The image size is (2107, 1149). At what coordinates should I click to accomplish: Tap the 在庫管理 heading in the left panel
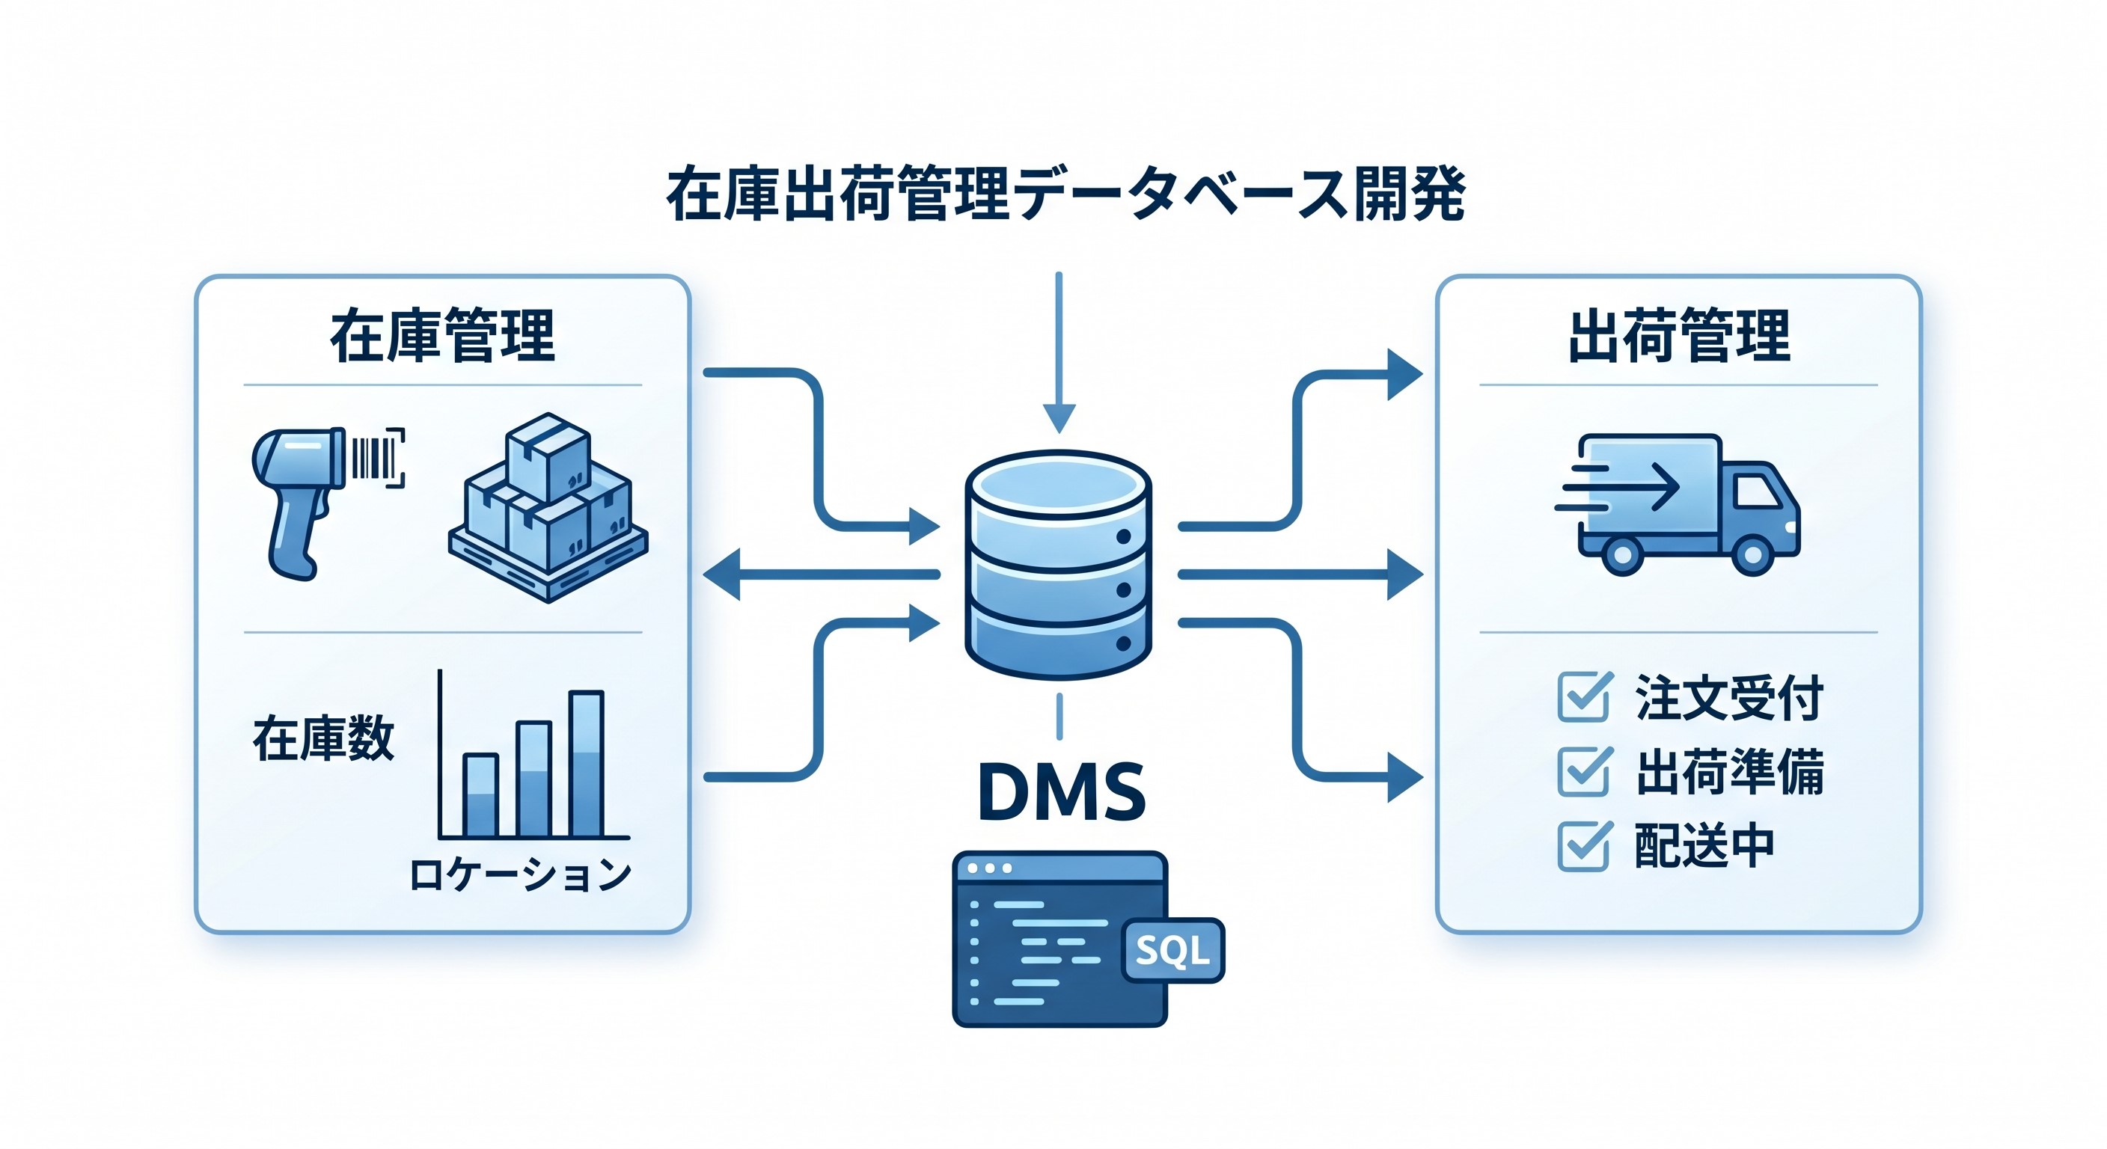[442, 336]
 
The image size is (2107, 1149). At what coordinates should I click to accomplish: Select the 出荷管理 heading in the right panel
[1678, 336]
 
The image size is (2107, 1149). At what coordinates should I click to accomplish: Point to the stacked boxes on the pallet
[548, 507]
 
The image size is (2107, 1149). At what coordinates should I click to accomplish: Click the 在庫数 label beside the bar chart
[324, 738]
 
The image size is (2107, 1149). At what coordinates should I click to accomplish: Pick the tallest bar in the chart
[586, 764]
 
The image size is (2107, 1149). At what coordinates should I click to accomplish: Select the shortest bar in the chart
[480, 795]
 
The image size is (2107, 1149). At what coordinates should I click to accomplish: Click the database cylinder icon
[1059, 564]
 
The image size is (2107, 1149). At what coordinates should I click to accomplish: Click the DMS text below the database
[1061, 792]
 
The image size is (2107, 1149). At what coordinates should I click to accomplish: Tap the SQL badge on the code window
[1174, 950]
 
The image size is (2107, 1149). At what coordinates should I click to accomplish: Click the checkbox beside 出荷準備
[1583, 771]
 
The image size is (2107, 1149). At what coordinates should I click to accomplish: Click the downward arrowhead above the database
[1059, 418]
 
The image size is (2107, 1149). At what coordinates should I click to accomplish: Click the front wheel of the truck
[1753, 555]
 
